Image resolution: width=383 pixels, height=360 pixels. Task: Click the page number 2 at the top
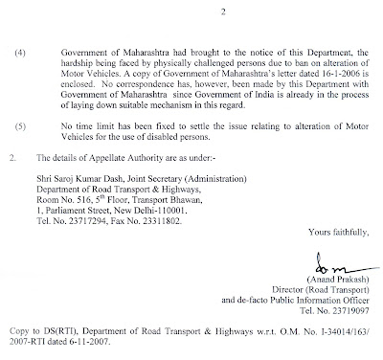pos(201,12)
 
